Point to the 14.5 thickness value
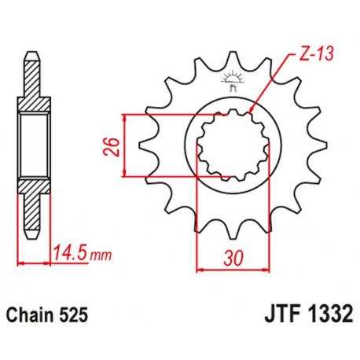coord(69,254)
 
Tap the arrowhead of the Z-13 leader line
coord(251,109)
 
